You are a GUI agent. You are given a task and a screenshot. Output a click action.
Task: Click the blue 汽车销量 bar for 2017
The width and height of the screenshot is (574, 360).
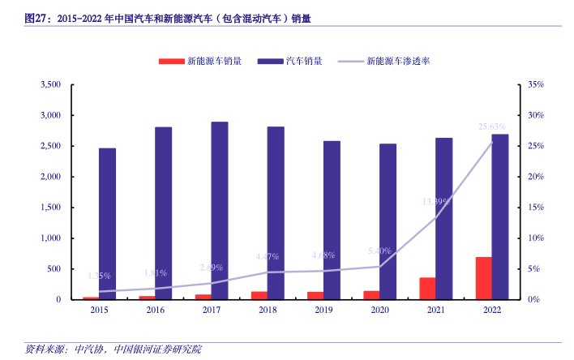point(219,211)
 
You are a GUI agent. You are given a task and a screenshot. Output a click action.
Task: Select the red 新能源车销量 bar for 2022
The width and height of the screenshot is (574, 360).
point(484,278)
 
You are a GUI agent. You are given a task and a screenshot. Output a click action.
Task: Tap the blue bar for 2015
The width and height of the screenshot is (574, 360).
point(107,224)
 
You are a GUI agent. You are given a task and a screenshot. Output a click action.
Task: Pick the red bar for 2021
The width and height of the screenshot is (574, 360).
point(427,289)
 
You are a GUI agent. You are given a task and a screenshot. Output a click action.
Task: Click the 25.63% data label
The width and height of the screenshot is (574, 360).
point(492,126)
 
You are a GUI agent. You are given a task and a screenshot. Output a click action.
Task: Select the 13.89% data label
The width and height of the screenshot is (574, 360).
point(436,201)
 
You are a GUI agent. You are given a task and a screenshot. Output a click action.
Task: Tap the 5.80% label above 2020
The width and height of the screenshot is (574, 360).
point(379,251)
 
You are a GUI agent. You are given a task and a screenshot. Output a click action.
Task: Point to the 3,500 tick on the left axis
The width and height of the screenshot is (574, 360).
point(50,84)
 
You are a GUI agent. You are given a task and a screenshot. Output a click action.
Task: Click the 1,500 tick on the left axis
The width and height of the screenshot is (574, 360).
point(50,208)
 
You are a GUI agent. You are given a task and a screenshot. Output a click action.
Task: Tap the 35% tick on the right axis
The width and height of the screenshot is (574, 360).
point(535,84)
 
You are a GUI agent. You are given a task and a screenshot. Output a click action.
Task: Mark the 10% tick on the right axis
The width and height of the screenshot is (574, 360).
point(535,238)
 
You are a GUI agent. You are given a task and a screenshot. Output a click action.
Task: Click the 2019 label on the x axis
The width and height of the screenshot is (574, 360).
point(323,310)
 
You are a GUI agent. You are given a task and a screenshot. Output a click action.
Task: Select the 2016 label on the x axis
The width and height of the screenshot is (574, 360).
point(155,310)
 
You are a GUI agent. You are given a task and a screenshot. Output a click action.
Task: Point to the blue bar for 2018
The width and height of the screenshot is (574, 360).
point(276,213)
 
